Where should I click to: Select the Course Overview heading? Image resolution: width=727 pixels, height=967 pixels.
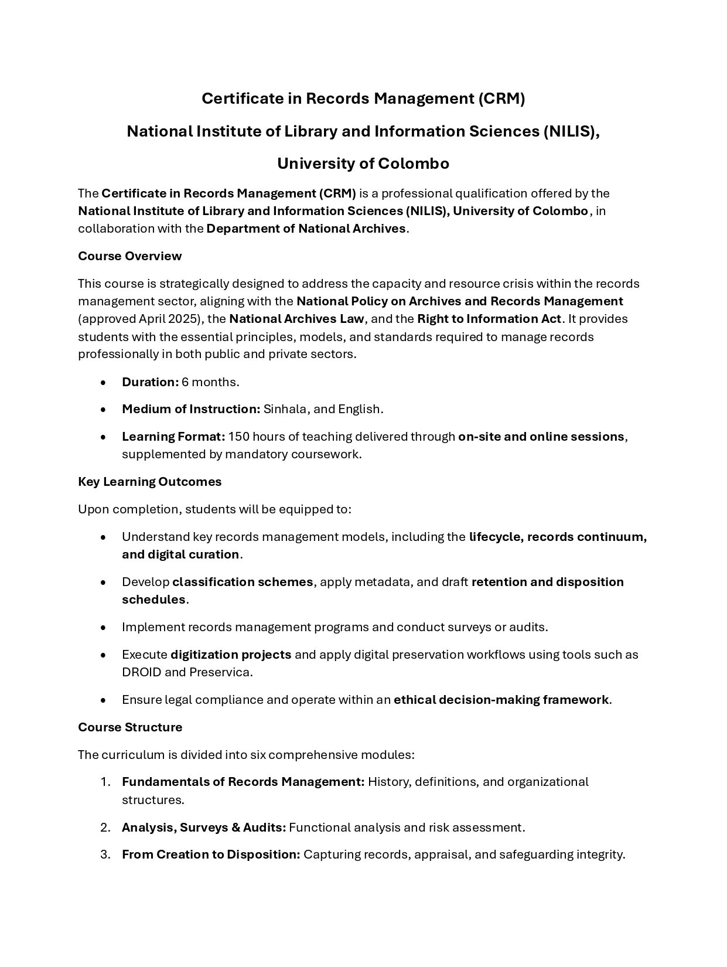click(x=129, y=256)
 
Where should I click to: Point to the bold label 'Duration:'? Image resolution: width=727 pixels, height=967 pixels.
click(x=150, y=382)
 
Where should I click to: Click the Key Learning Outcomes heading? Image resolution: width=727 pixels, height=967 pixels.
click(x=149, y=482)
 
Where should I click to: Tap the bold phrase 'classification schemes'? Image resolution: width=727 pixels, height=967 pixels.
click(x=243, y=582)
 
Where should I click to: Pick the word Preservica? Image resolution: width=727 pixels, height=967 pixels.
click(x=220, y=672)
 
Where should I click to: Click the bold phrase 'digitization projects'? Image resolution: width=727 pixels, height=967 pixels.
click(x=231, y=655)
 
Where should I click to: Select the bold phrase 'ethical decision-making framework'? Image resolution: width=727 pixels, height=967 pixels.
click(x=501, y=700)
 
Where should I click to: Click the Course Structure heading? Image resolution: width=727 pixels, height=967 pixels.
click(x=130, y=727)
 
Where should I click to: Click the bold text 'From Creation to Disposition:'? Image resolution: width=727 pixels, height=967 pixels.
click(x=211, y=854)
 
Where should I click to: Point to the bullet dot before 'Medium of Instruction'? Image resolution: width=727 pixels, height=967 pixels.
click(x=103, y=410)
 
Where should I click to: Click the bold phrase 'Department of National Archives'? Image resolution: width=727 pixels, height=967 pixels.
click(x=306, y=229)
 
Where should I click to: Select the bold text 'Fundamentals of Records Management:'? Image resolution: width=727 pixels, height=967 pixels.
click(x=243, y=782)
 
